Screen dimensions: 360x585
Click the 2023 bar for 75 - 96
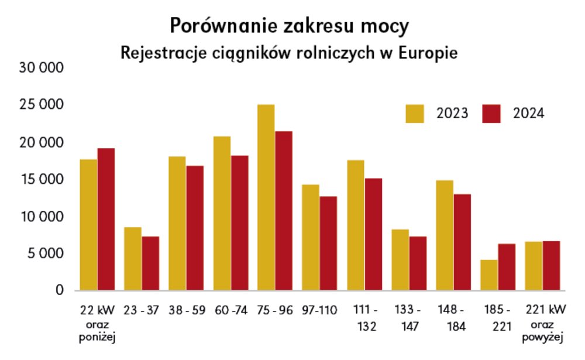pyautogui.click(x=266, y=197)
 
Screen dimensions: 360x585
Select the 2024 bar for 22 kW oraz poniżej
pyautogui.click(x=106, y=220)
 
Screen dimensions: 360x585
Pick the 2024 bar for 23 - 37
pyautogui.click(x=150, y=263)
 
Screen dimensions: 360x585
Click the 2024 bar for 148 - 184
pyautogui.click(x=462, y=242)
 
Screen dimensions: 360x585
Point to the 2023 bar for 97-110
pyautogui.click(x=311, y=238)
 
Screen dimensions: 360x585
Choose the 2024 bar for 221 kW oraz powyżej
pyautogui.click(x=551, y=266)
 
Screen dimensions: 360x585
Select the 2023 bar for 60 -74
pyautogui.click(x=222, y=213)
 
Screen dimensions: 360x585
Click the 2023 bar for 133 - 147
pyautogui.click(x=400, y=260)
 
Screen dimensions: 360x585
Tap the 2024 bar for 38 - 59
pyautogui.click(x=195, y=228)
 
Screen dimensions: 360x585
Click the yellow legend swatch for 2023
pyautogui.click(x=416, y=114)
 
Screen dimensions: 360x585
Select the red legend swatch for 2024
pyautogui.click(x=492, y=114)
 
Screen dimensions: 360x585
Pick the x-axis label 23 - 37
pyautogui.click(x=142, y=310)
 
